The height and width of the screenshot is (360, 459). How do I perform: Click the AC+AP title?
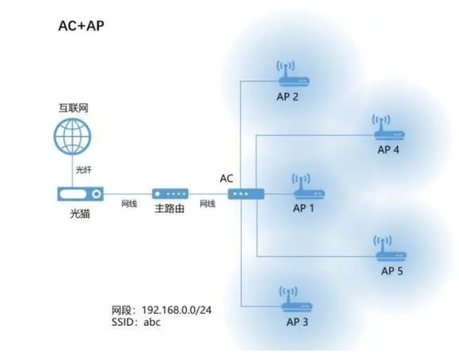coord(81,25)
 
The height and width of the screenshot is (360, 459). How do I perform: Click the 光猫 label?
coord(80,214)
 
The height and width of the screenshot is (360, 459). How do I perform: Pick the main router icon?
coord(170,193)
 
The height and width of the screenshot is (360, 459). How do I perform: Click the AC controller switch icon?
coord(242,193)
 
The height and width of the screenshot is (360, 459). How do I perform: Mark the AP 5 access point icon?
coord(392,251)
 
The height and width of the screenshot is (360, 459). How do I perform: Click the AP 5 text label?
coord(392,271)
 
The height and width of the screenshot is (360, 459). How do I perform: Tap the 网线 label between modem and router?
coord(129,204)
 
